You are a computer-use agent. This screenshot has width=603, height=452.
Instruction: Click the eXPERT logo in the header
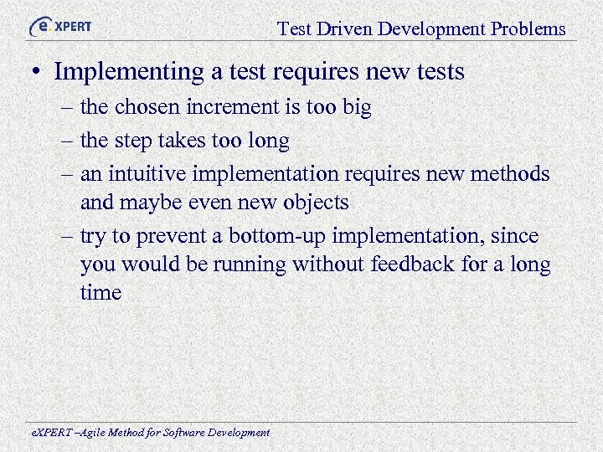click(x=60, y=27)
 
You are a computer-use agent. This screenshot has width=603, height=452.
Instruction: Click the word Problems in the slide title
click(x=528, y=29)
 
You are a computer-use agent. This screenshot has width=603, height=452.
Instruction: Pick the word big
click(x=355, y=108)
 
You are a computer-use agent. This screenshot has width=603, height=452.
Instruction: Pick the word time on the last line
click(x=100, y=293)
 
